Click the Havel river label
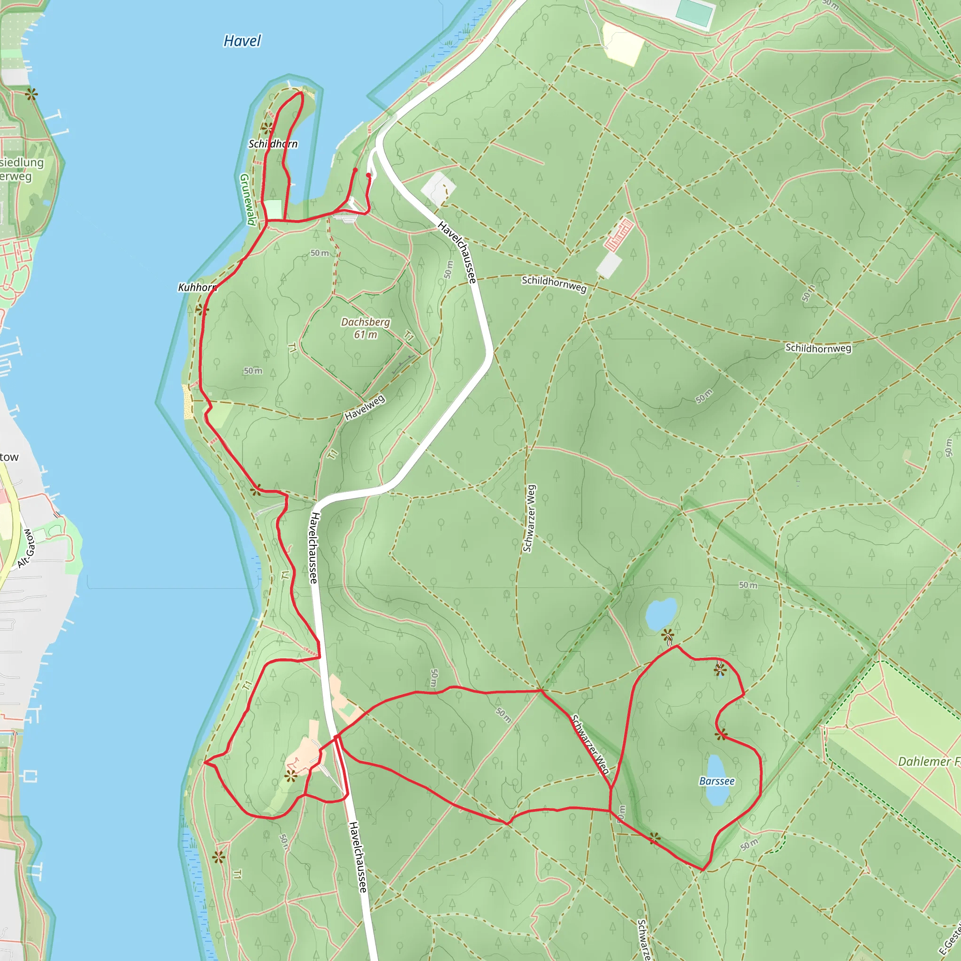[242, 41]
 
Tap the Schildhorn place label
[273, 144]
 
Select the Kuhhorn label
[198, 288]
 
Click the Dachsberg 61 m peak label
[366, 328]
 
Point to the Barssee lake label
[717, 781]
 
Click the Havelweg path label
[365, 407]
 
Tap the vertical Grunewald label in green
[247, 199]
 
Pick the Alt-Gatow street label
[26, 549]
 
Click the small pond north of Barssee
[661, 614]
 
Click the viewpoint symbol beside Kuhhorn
[202, 310]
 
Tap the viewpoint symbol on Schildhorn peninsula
[267, 128]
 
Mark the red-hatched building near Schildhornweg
[619, 235]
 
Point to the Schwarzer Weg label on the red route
[590, 745]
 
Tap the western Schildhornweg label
[554, 283]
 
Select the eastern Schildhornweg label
[818, 348]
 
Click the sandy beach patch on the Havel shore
[188, 401]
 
